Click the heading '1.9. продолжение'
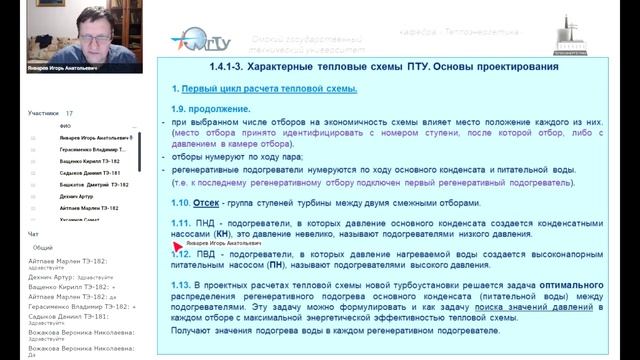coord(207,108)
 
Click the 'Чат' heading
coord(34,234)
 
